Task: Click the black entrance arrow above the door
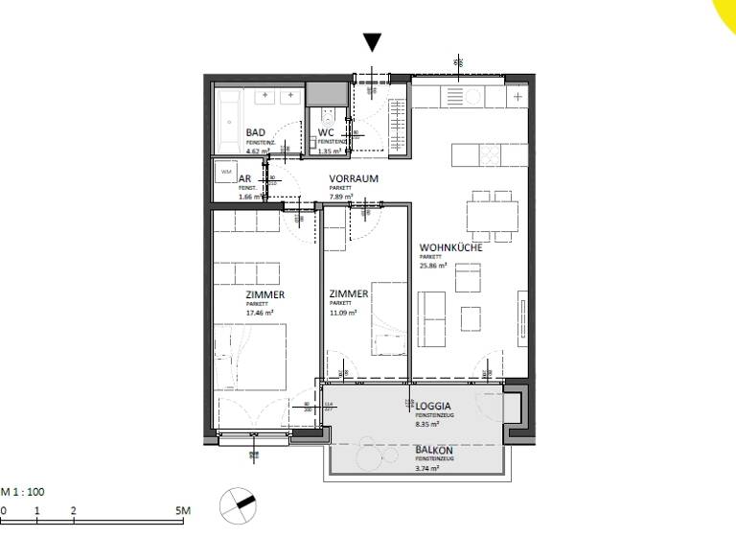(373, 41)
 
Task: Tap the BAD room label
(256, 133)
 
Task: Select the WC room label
(326, 133)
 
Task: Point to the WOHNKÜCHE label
(449, 247)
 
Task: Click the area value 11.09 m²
(341, 313)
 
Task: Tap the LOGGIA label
(433, 406)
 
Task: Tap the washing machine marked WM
(226, 173)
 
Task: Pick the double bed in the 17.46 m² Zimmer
(251, 354)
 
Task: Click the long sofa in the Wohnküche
(433, 317)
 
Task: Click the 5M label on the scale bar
(183, 511)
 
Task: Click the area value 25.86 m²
(435, 266)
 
